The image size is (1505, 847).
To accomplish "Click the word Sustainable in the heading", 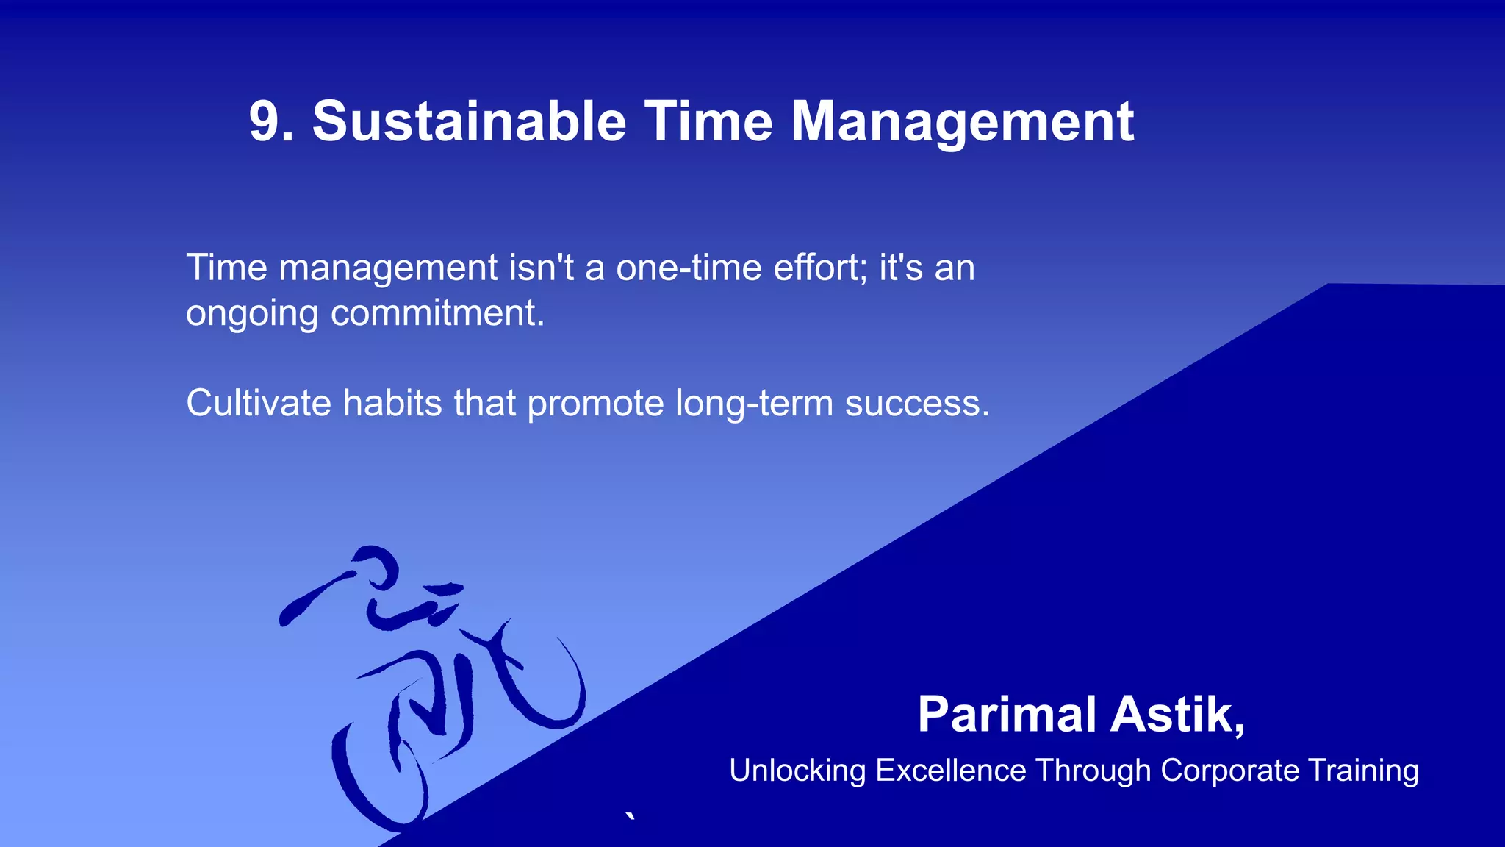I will [x=469, y=121].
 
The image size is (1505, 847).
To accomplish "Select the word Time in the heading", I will [x=708, y=121].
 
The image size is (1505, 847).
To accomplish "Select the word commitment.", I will [x=437, y=313].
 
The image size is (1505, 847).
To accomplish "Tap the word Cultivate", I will [x=258, y=403].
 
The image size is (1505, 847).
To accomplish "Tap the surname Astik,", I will [x=1177, y=715].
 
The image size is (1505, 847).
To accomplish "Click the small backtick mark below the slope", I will [x=630, y=816].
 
